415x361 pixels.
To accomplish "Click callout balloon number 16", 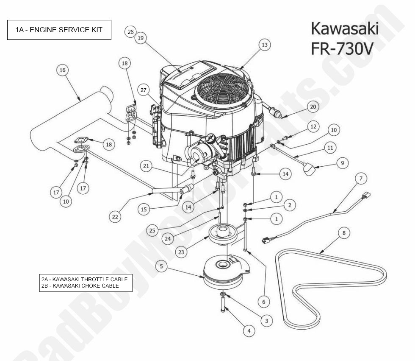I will [63, 70].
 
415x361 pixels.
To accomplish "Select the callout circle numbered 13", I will [265, 45].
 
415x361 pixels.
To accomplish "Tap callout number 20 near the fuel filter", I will [313, 107].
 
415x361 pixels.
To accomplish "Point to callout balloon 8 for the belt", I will [344, 232].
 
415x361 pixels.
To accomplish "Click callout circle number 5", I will [161, 266].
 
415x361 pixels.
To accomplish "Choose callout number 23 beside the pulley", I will [182, 252].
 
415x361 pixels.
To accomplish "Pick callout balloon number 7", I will [361, 179].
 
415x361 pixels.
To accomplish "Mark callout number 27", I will [144, 90].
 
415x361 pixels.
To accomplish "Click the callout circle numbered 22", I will [114, 216].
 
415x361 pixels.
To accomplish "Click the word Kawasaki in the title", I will [345, 29].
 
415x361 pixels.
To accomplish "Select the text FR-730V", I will [342, 48].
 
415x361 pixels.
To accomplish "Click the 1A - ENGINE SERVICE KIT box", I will [59, 30].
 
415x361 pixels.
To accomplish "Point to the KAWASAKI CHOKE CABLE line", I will [80, 286].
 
